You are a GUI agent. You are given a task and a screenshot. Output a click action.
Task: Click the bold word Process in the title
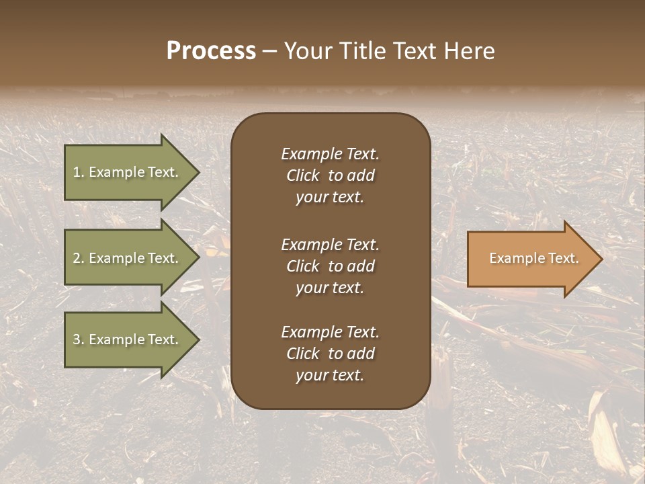pos(211,51)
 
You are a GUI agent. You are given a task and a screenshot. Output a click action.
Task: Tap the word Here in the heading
pos(468,51)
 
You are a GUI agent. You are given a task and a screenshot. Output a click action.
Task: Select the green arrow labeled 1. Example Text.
pos(128,172)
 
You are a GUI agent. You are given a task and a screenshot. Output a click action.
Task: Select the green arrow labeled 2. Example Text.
pos(128,258)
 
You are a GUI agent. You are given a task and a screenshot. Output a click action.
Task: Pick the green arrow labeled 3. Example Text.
pos(128,339)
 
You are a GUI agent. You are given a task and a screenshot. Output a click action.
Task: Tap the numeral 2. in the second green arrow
pos(79,258)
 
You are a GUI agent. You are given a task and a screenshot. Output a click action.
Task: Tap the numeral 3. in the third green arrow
pos(79,339)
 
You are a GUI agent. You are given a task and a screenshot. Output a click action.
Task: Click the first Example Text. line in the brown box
pos(330,154)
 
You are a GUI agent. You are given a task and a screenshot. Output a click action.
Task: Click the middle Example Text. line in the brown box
pos(330,245)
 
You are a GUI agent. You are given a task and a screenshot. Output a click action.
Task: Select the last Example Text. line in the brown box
pos(330,332)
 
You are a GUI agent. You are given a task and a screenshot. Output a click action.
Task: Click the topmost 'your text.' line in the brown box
pos(330,198)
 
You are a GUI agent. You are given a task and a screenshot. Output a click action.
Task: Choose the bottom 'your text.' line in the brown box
pos(330,376)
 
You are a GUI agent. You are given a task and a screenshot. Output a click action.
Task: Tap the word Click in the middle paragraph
pos(302,266)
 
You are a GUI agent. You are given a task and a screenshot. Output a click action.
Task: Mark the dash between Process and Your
pos(269,52)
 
